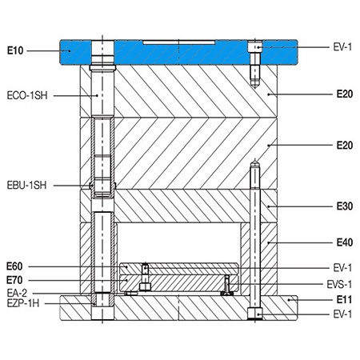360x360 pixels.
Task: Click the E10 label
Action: [15, 50]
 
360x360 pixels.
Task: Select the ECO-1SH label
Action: [27, 95]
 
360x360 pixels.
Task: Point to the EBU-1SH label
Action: [26, 185]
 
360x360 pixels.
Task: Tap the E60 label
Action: [14, 266]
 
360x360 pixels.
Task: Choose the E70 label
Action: [14, 280]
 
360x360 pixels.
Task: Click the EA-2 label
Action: [17, 293]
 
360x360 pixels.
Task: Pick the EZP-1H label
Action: [23, 303]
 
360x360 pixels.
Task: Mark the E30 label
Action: [345, 206]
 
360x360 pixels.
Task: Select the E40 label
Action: [345, 242]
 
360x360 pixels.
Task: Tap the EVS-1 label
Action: [339, 284]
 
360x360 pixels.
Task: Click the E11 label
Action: [344, 299]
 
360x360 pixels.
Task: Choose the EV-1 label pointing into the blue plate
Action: [342, 47]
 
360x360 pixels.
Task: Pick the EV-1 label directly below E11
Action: [342, 314]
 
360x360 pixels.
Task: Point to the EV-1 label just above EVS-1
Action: [342, 267]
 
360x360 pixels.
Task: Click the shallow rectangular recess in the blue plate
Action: [179, 42]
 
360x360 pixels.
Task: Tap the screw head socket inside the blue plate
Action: [255, 47]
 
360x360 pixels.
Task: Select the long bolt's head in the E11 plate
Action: [255, 314]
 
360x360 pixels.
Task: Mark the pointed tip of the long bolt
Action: [255, 159]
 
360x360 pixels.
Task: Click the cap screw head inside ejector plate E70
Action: [145, 287]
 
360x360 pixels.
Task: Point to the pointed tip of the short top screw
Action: [255, 87]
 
